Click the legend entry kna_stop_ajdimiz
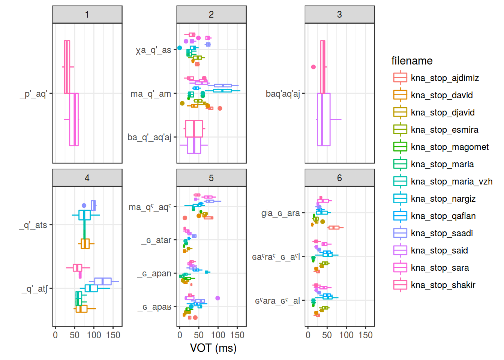pyautogui.click(x=445, y=78)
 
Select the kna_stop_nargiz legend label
pyautogui.click(x=443, y=199)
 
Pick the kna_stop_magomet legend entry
pyautogui.click(x=450, y=147)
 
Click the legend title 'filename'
pyautogui.click(x=412, y=61)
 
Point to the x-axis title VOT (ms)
pyautogui.click(x=213, y=348)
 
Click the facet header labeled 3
pyautogui.click(x=339, y=15)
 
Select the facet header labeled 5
pyautogui.click(x=211, y=178)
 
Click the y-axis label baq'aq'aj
pyautogui.click(x=283, y=94)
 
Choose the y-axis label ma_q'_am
pyautogui.click(x=151, y=94)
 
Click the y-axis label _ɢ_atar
pyautogui.click(x=156, y=240)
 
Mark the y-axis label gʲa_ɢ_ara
pyautogui.click(x=280, y=213)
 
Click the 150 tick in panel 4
pyautogui.click(x=113, y=335)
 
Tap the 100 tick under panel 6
pyautogui.click(x=346, y=335)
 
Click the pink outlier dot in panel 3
pyautogui.click(x=313, y=67)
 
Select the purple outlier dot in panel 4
pyautogui.click(x=84, y=205)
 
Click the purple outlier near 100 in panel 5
pyautogui.click(x=217, y=298)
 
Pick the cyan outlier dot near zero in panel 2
pyautogui.click(x=180, y=48)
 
